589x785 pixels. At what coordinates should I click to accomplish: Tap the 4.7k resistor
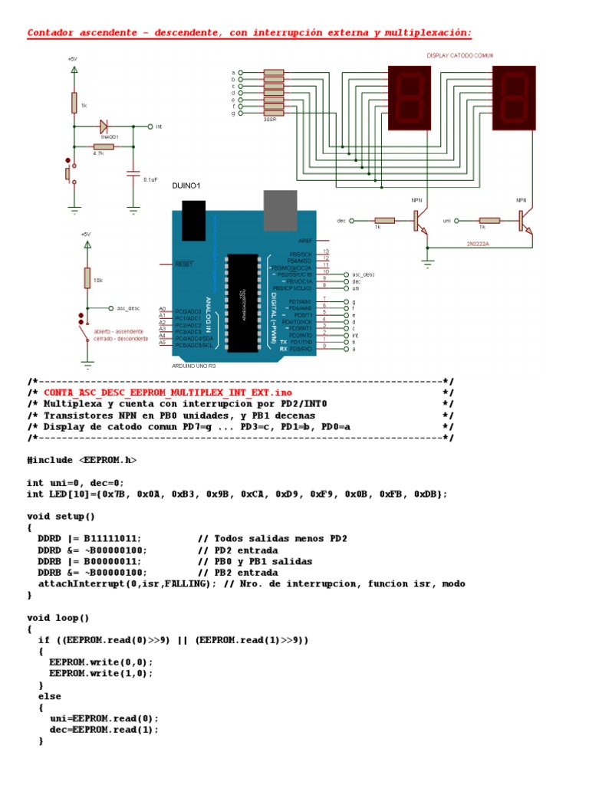coord(103,146)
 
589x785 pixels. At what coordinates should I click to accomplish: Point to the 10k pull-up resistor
coord(87,278)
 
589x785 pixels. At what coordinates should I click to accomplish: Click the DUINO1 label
coord(186,186)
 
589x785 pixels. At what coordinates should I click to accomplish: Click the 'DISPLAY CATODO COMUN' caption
coord(460,56)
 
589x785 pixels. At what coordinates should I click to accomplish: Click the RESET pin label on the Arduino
coord(184,264)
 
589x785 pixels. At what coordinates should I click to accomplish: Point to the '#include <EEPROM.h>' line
coord(84,460)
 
